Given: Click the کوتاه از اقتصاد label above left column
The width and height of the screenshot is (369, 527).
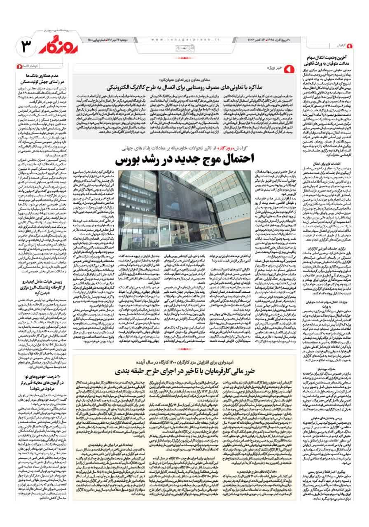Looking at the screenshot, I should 32,66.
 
